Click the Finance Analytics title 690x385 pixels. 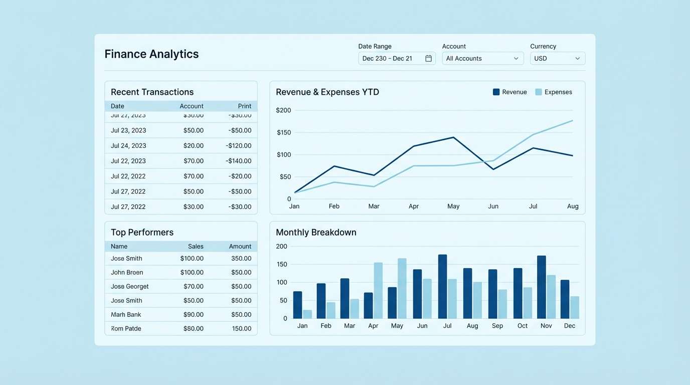[151, 54]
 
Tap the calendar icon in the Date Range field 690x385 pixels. [428, 59]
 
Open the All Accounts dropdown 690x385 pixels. [482, 59]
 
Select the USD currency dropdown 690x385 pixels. [557, 59]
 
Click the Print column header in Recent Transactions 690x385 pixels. [244, 106]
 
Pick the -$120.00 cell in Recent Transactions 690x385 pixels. [238, 146]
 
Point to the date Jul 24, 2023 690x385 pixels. [128, 146]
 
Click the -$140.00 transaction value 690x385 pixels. [238, 161]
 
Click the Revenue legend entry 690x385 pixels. [509, 92]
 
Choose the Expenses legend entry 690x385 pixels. [554, 92]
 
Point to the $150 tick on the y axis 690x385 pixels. [283, 132]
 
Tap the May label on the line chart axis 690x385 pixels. [453, 206]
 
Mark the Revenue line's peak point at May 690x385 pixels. [453, 137]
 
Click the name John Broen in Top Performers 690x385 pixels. [127, 273]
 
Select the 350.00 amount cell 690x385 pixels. [241, 259]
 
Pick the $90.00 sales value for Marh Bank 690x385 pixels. [192, 315]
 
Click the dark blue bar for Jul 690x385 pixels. [442, 287]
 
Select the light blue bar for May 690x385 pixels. [402, 289]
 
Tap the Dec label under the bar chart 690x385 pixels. [570, 326]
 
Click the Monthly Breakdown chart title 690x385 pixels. [316, 233]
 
